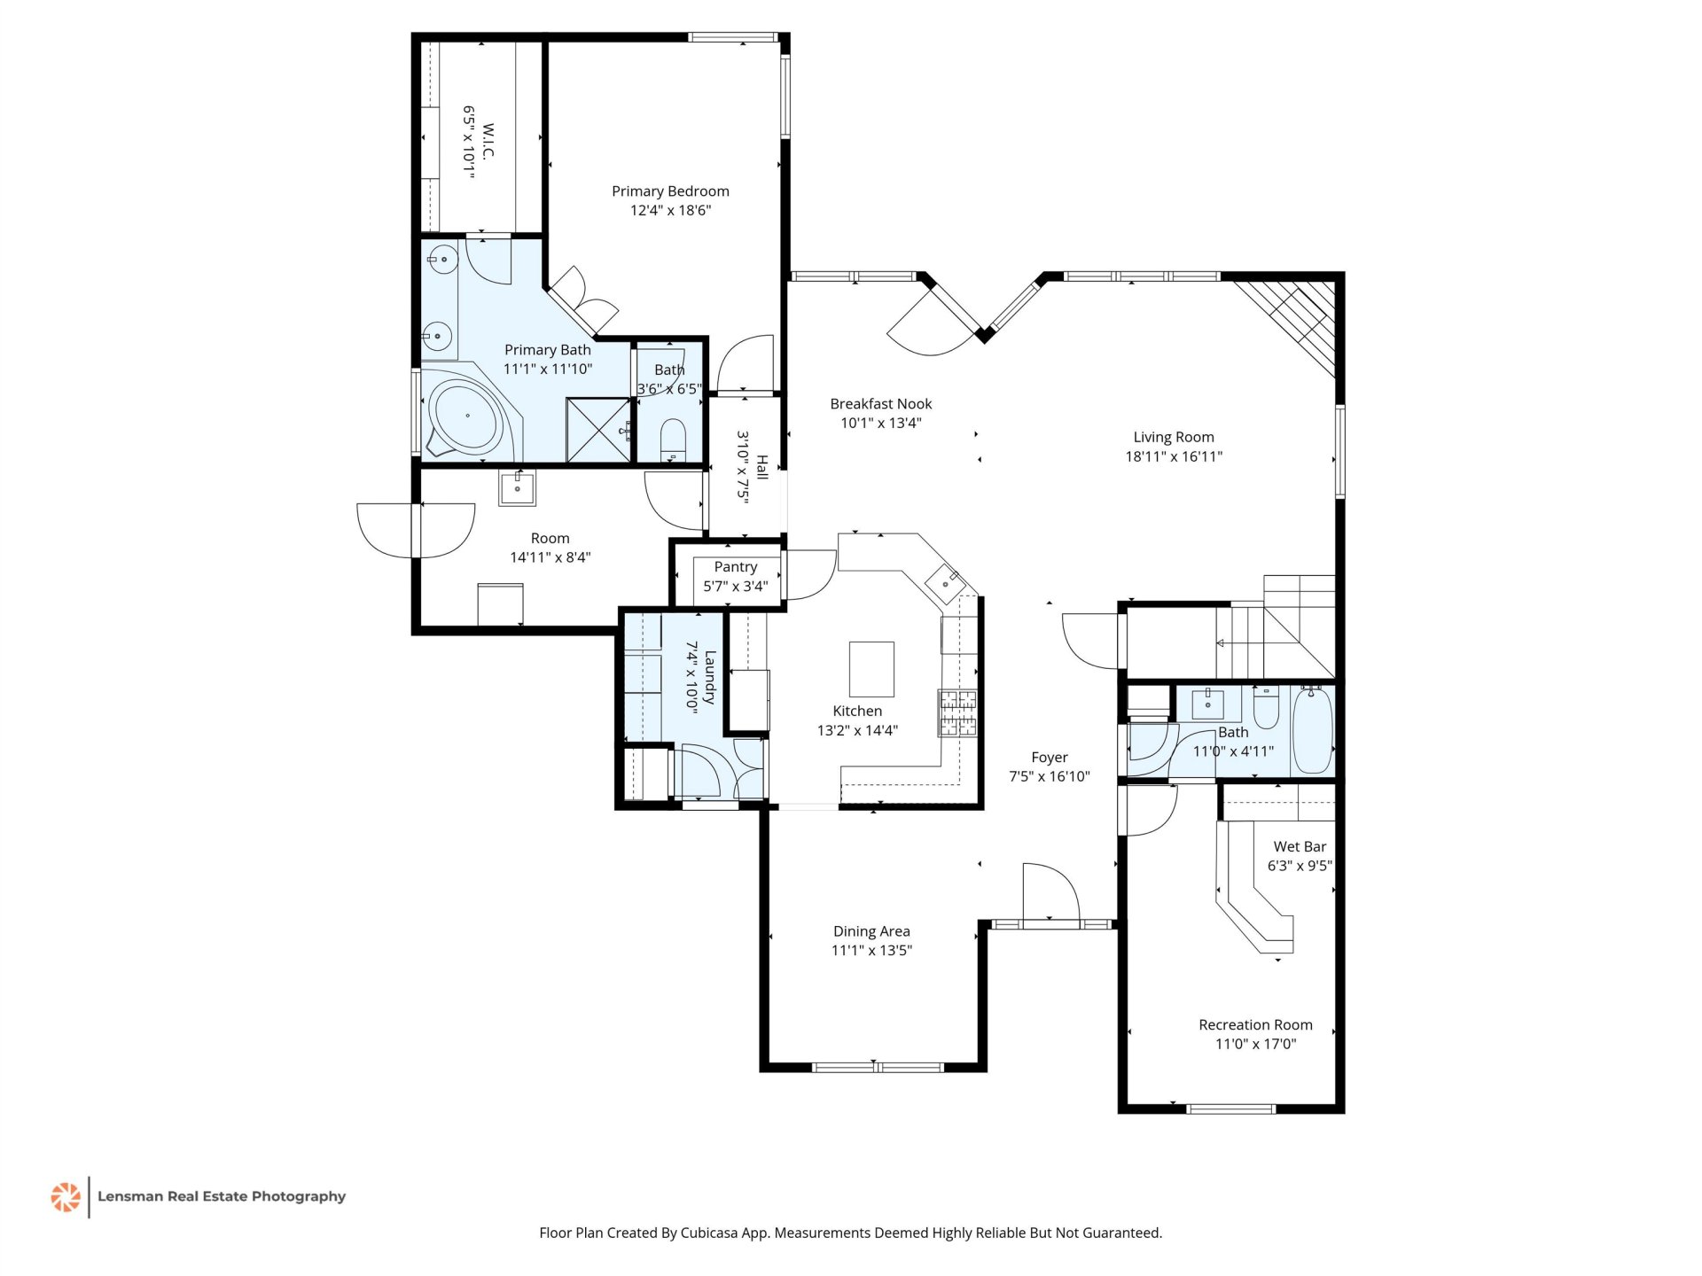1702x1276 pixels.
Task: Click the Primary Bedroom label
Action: pos(670,191)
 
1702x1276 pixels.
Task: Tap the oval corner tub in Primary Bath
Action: pos(465,416)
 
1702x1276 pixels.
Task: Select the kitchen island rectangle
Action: pos(871,669)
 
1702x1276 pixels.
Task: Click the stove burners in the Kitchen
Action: pos(957,712)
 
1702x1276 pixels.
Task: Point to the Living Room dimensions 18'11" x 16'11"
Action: pos(1174,456)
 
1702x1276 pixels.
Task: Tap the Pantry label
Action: pos(736,567)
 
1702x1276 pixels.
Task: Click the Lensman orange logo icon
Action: pos(66,1196)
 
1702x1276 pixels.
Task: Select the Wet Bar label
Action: pos(1300,847)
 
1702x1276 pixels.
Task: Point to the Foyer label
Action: pos(1050,758)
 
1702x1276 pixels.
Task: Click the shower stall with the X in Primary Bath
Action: pos(598,431)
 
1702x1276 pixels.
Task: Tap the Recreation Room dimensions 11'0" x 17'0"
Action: pos(1255,1044)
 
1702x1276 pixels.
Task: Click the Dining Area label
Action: pos(871,931)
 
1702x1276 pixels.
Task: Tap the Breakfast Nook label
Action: pos(881,404)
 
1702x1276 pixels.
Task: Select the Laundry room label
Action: pos(710,678)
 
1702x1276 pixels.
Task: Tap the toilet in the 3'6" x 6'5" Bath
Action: pos(674,439)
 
